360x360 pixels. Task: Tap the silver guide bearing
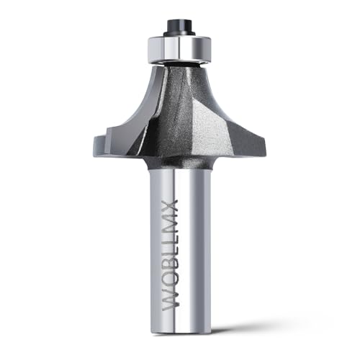coord(179,49)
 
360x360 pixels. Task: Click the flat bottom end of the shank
coord(180,334)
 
